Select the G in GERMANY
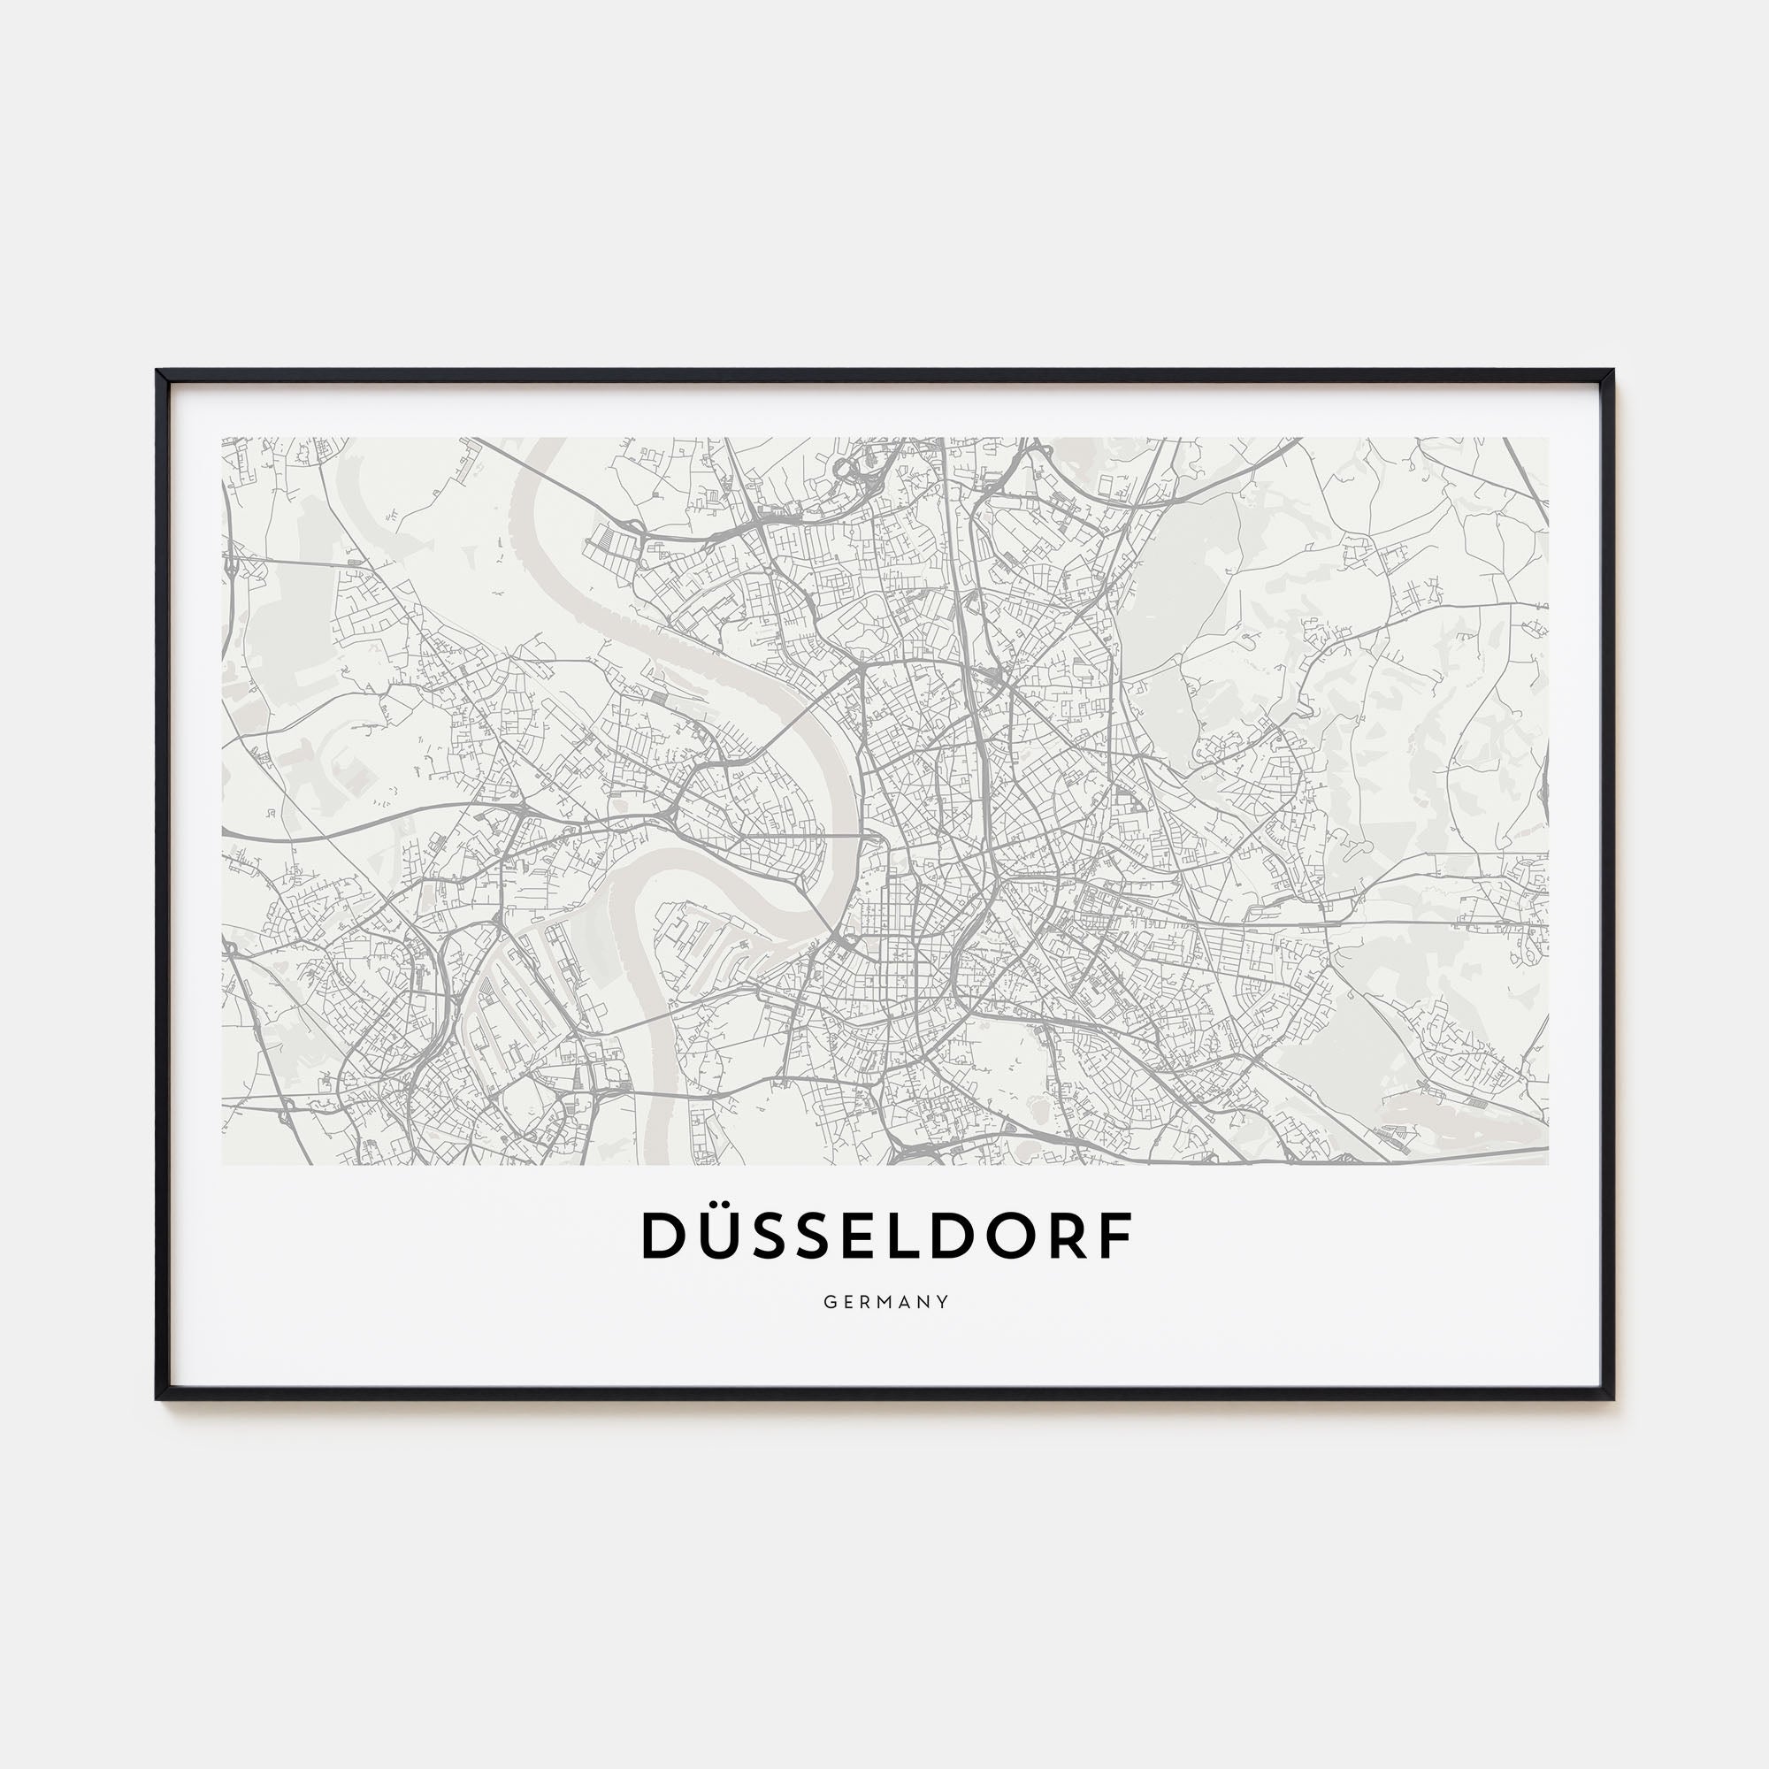[x=829, y=1302]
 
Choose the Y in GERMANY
[x=944, y=1302]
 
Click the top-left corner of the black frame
[x=158, y=371]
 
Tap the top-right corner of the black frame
[x=1612, y=371]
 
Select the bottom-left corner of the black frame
[x=158, y=1398]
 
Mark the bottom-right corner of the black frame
[x=1612, y=1398]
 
